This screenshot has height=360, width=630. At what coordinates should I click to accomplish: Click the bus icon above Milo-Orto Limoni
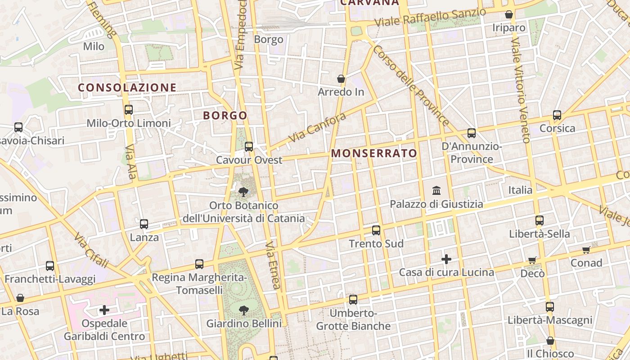pyautogui.click(x=129, y=109)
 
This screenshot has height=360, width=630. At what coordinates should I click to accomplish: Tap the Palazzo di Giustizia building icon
pyautogui.click(x=436, y=191)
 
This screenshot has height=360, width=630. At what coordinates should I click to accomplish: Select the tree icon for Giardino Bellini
pyautogui.click(x=243, y=310)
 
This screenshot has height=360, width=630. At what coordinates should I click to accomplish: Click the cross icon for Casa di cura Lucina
pyautogui.click(x=446, y=259)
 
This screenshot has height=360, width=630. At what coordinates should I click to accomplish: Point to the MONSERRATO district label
pyautogui.click(x=374, y=153)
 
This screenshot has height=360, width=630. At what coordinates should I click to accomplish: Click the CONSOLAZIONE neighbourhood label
pyautogui.click(x=127, y=88)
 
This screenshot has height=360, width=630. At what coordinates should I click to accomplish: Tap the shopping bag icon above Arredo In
pyautogui.click(x=341, y=79)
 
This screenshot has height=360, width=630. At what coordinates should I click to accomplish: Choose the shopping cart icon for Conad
pyautogui.click(x=586, y=250)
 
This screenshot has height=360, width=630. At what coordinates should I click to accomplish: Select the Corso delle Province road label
pyautogui.click(x=410, y=85)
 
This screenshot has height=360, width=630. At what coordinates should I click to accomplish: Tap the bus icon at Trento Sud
pyautogui.click(x=376, y=230)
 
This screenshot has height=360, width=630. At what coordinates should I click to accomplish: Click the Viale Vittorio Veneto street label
pyautogui.click(x=520, y=90)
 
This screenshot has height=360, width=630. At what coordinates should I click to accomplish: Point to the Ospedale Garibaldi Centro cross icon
pyautogui.click(x=104, y=310)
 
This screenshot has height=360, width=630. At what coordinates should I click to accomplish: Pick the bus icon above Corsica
pyautogui.click(x=557, y=115)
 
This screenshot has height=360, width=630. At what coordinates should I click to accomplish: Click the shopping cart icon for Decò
pyautogui.click(x=532, y=260)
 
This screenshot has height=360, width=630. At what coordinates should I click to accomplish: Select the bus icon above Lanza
pyautogui.click(x=144, y=224)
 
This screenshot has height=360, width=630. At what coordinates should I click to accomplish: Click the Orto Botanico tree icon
pyautogui.click(x=243, y=193)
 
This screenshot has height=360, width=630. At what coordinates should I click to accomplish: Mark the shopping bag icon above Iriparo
pyautogui.click(x=509, y=15)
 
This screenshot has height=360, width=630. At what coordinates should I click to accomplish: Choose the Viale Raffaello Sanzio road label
pyautogui.click(x=430, y=17)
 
